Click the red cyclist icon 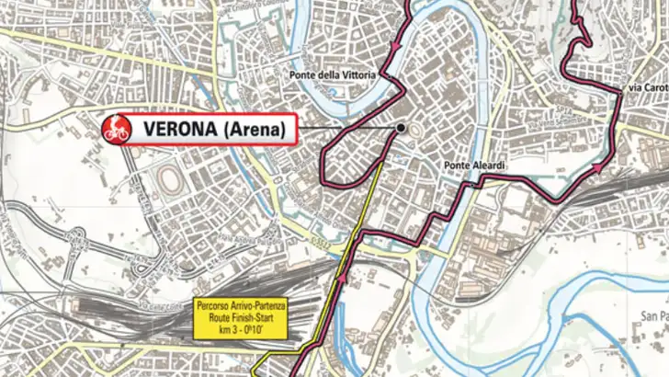coord(115,128)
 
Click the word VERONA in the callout coord(176,128)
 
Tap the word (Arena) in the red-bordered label coord(255,128)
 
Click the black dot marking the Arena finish coord(402,128)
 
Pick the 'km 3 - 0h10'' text coord(241,329)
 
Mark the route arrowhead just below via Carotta coord(599,167)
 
